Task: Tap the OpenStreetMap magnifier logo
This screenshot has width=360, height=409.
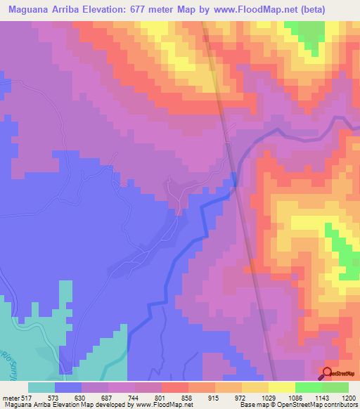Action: coord(328,373)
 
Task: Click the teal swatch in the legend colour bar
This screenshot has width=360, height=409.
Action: coord(41,387)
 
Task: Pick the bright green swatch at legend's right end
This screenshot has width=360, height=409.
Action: coord(335,387)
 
